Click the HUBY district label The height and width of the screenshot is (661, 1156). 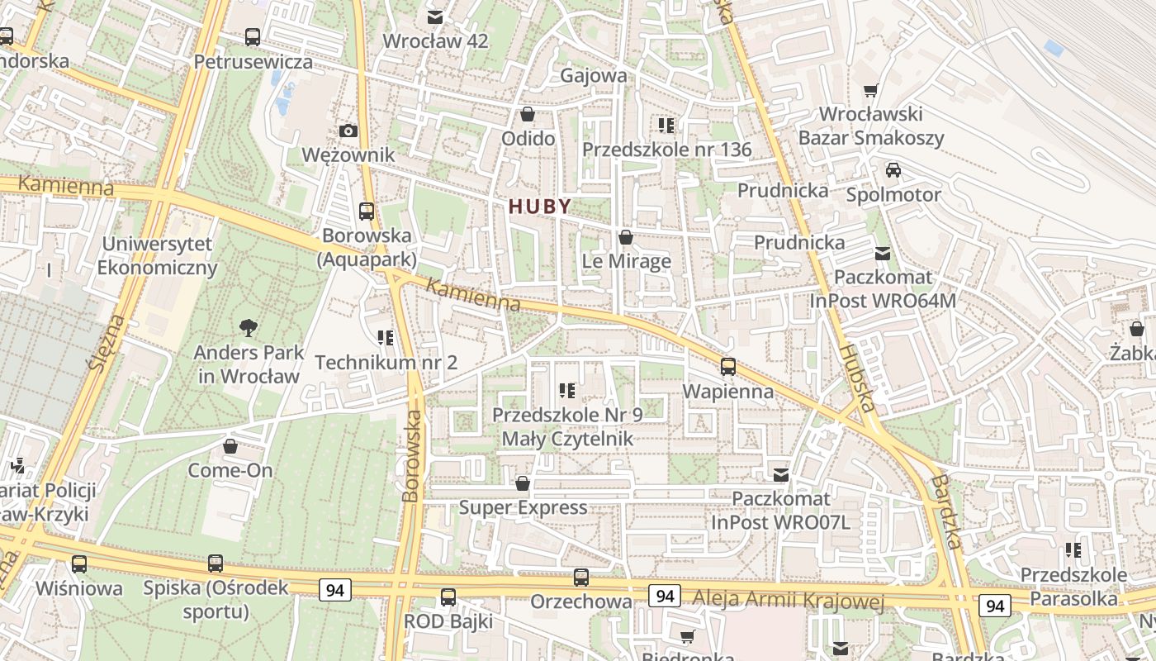tap(540, 207)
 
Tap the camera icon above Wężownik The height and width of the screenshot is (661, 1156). tap(348, 131)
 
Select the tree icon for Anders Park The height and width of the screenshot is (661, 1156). tap(248, 328)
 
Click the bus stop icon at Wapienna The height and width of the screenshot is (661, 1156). tap(727, 367)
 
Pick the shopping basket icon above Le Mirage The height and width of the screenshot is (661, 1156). tap(626, 238)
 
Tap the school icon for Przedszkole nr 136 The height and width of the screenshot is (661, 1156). tap(666, 126)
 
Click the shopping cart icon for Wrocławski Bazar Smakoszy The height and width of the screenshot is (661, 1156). tap(870, 91)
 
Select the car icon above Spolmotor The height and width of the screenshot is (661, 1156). tap(893, 170)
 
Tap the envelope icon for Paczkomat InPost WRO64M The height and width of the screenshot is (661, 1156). tap(883, 253)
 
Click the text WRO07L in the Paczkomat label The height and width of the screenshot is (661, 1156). tap(813, 522)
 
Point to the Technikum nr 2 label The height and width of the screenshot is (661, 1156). tap(386, 362)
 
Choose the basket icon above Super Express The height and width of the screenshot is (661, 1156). tap(522, 483)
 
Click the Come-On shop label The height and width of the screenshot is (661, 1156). tap(230, 470)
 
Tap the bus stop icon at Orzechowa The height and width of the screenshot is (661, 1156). tap(580, 578)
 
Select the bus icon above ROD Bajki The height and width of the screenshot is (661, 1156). tap(448, 597)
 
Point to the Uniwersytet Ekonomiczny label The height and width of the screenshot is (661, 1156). tap(157, 256)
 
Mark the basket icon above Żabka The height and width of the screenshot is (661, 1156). tap(1136, 329)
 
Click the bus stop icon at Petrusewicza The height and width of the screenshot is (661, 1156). tap(253, 37)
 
